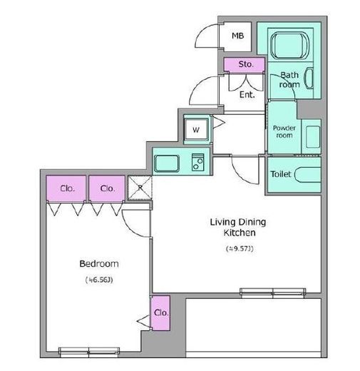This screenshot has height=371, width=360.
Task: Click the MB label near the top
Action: click(237, 36)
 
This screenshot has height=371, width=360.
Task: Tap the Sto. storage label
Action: click(246, 64)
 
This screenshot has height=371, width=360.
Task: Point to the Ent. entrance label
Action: click(247, 95)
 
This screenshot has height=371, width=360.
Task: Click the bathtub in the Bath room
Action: click(289, 45)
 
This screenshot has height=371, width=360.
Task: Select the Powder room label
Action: click(284, 131)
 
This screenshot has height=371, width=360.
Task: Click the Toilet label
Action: click(281, 174)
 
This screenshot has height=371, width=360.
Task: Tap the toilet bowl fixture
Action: click(308, 175)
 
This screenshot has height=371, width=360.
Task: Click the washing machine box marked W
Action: click(196, 130)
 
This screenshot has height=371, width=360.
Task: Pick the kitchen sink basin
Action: click(167, 163)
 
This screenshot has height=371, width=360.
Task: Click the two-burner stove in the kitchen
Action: click(197, 162)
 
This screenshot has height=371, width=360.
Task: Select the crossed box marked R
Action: click(140, 188)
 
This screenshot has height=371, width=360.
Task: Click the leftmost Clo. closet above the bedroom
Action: click(66, 188)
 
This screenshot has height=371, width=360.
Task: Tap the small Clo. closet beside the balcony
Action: click(161, 312)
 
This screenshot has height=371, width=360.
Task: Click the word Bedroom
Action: click(99, 264)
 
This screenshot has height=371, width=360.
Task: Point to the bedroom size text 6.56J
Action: click(99, 280)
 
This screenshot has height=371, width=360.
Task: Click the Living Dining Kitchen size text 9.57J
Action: click(240, 248)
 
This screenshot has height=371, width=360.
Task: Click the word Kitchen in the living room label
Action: click(240, 233)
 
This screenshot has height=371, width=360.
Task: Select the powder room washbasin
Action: click(313, 137)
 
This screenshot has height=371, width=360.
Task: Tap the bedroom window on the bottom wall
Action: click(89, 352)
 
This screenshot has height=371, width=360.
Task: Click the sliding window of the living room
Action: click(272, 293)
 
